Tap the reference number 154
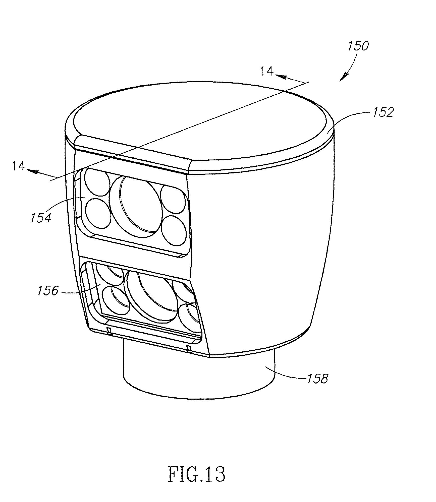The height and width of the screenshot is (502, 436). coord(41,217)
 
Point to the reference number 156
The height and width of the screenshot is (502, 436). coord(48,291)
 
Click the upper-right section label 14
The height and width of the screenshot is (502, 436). coord(267,71)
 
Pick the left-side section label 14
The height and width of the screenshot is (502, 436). coord(19,166)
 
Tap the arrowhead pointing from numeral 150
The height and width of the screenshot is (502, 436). coord(344,76)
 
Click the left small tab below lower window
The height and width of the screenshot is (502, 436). coord(109,331)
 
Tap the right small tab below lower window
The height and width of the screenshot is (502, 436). coord(188,348)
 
